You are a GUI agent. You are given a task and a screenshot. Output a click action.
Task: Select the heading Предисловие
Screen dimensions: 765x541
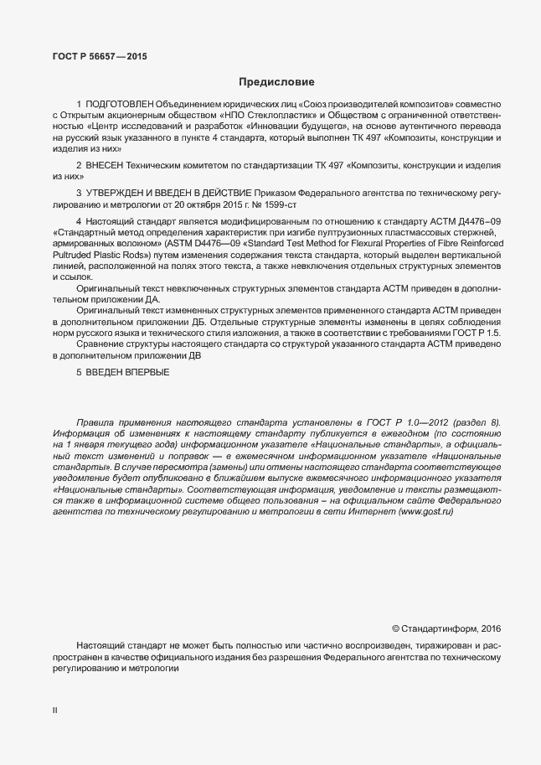click(x=276, y=82)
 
